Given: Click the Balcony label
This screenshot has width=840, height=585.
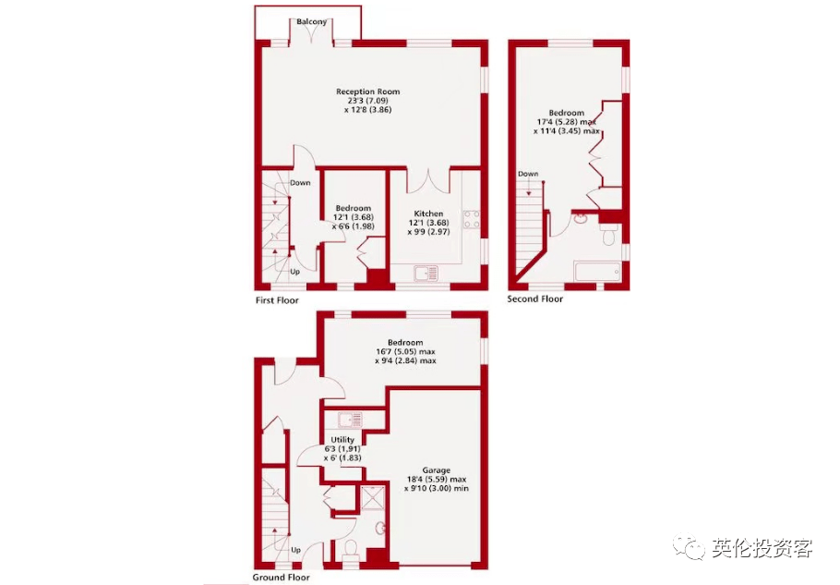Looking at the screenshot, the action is point(311,22).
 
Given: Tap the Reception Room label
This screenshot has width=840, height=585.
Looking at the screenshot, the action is point(367,91).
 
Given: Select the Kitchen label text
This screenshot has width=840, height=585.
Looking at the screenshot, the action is point(428,213).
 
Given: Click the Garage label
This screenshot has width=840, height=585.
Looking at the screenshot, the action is point(436,470).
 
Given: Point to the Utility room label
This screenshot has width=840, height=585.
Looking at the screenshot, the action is point(342,440).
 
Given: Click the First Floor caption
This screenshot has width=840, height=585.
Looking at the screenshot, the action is point(277,300).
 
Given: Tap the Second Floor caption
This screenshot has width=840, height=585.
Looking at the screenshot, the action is point(535,299).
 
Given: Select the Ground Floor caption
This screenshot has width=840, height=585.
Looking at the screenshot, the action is point(281,578).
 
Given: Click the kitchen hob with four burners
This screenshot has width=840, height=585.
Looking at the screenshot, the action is point(472,219).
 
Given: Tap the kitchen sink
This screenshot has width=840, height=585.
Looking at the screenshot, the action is point(426,274).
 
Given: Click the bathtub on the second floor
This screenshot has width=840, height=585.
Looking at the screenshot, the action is point(597,272).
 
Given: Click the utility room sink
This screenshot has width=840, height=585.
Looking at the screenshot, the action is point(350,420).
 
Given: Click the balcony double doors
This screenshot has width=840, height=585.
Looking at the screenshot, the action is point(311,32).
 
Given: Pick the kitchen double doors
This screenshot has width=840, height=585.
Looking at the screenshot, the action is point(428,181).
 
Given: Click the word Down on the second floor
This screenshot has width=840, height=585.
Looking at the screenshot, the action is point(528,174).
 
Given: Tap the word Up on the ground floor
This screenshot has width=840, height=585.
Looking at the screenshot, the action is point(295,550).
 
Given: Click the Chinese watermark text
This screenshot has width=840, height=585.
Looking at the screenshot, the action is point(762,548).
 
